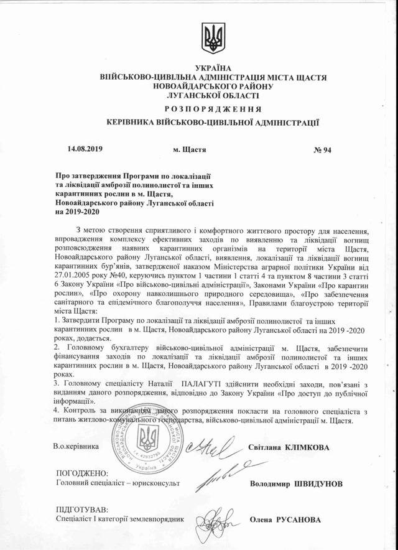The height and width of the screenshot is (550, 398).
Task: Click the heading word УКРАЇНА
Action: pyautogui.click(x=213, y=67)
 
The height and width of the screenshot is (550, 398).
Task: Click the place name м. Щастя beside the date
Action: pyautogui.click(x=189, y=151)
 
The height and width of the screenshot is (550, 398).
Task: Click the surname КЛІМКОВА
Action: pyautogui.click(x=307, y=447)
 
